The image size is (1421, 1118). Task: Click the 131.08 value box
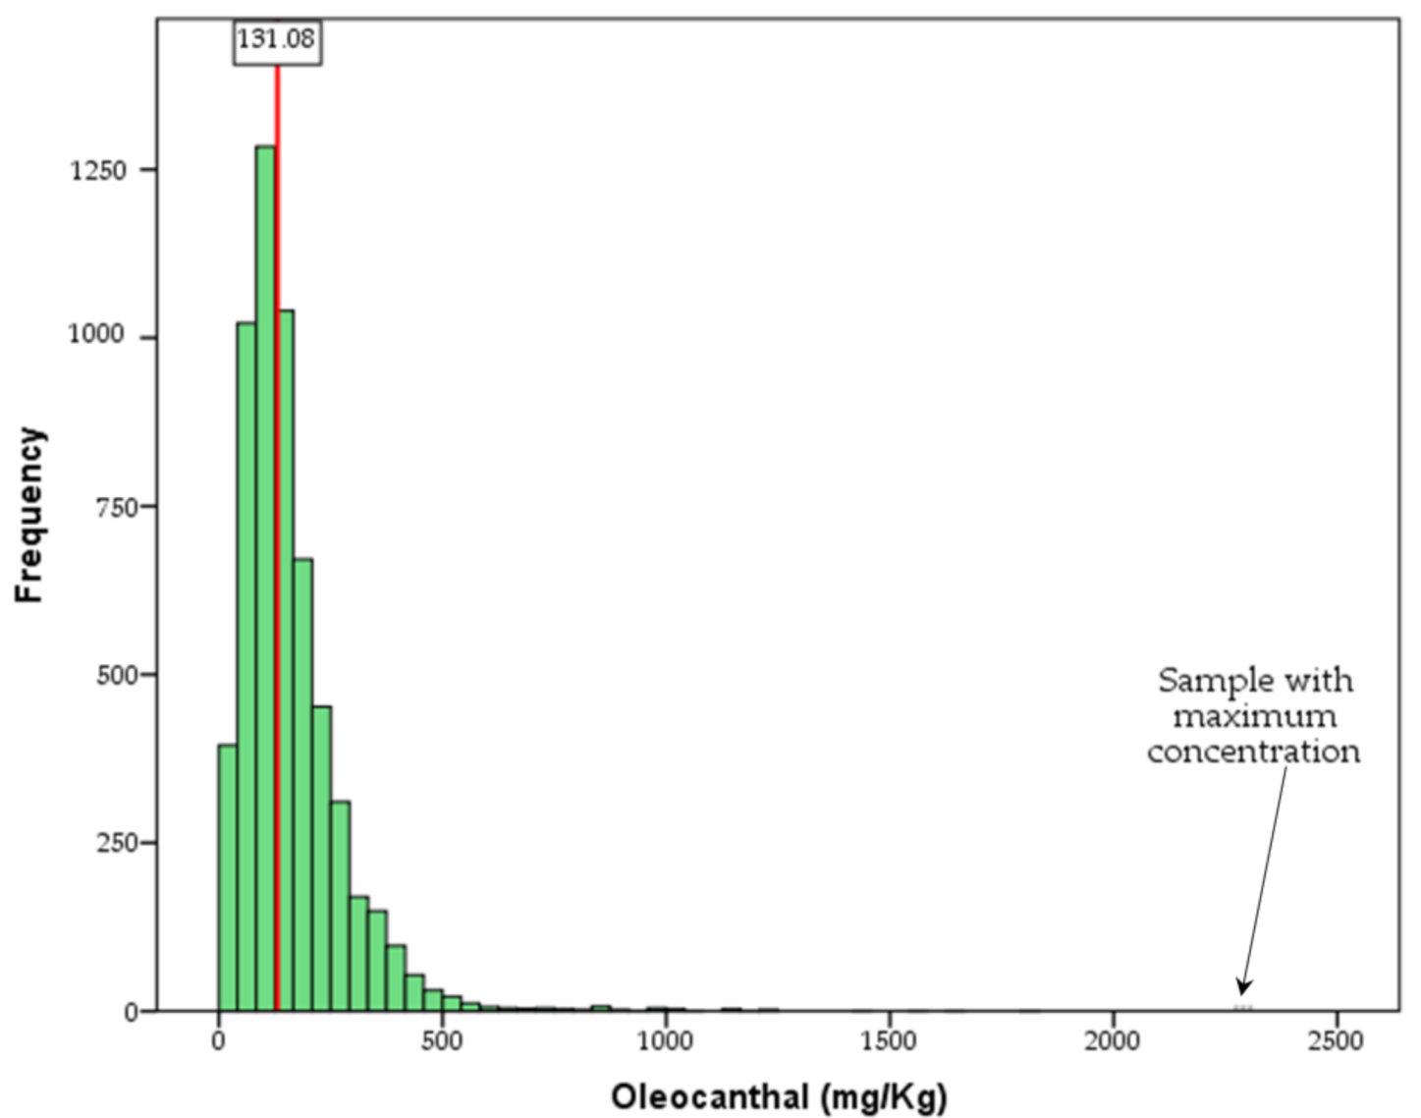[x=277, y=40]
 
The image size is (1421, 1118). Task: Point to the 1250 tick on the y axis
[x=98, y=170]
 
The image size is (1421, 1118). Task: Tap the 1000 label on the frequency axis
[x=96, y=335]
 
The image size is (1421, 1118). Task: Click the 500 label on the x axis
[x=442, y=1040]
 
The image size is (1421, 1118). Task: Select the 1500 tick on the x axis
[x=889, y=1040]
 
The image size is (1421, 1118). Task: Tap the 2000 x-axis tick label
[x=1113, y=1040]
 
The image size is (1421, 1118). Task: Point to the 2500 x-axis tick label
[x=1336, y=1040]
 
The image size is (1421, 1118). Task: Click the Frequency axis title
[x=29, y=515]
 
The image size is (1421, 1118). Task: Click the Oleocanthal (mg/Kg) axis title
[x=779, y=1095]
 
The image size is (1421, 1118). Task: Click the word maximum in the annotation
[x=1254, y=716]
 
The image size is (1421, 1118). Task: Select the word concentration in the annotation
[x=1254, y=752]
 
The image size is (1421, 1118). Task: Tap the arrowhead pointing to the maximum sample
[x=1243, y=987]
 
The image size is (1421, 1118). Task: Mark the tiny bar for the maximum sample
[x=1243, y=1007]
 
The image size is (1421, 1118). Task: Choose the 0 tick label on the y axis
[x=131, y=1013]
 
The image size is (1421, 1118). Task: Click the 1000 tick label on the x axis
[x=665, y=1040]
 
